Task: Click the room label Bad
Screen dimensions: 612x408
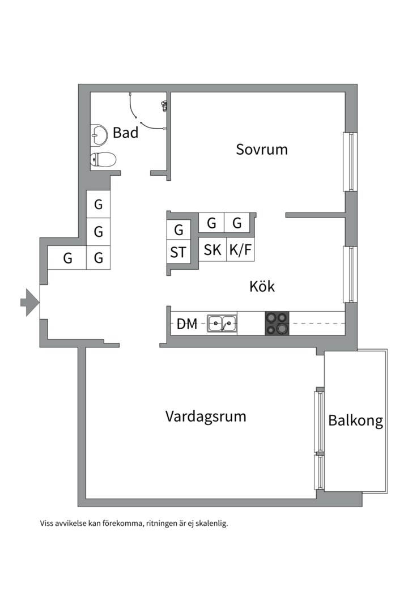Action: pyautogui.click(x=125, y=133)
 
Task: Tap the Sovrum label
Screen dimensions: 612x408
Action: pyautogui.click(x=262, y=150)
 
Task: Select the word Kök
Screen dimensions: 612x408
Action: pyautogui.click(x=262, y=286)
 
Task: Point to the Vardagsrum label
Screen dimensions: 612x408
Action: pyautogui.click(x=206, y=416)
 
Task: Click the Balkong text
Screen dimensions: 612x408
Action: pyautogui.click(x=355, y=421)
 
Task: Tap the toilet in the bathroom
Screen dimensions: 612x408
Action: pyautogui.click(x=103, y=160)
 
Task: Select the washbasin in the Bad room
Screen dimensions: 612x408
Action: pyautogui.click(x=99, y=135)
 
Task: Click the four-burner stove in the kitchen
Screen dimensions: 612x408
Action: pyautogui.click(x=277, y=324)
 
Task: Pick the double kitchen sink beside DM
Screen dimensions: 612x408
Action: pyautogui.click(x=222, y=324)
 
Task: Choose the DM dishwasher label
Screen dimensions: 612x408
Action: pyautogui.click(x=187, y=324)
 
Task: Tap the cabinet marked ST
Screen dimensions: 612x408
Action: pyautogui.click(x=178, y=252)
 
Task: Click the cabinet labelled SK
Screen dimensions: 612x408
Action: pyautogui.click(x=212, y=250)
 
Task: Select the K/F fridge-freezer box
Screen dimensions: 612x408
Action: pyautogui.click(x=241, y=250)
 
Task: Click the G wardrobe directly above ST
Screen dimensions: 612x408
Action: pyautogui.click(x=178, y=230)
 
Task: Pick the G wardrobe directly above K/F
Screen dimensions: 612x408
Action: pyautogui.click(x=237, y=223)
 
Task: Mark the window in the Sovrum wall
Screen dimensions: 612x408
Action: pyautogui.click(x=351, y=162)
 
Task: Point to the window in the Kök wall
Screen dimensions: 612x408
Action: pyautogui.click(x=351, y=274)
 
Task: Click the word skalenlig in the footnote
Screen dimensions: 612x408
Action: pyautogui.click(x=209, y=524)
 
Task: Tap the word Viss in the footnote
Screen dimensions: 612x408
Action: pyautogui.click(x=46, y=524)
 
